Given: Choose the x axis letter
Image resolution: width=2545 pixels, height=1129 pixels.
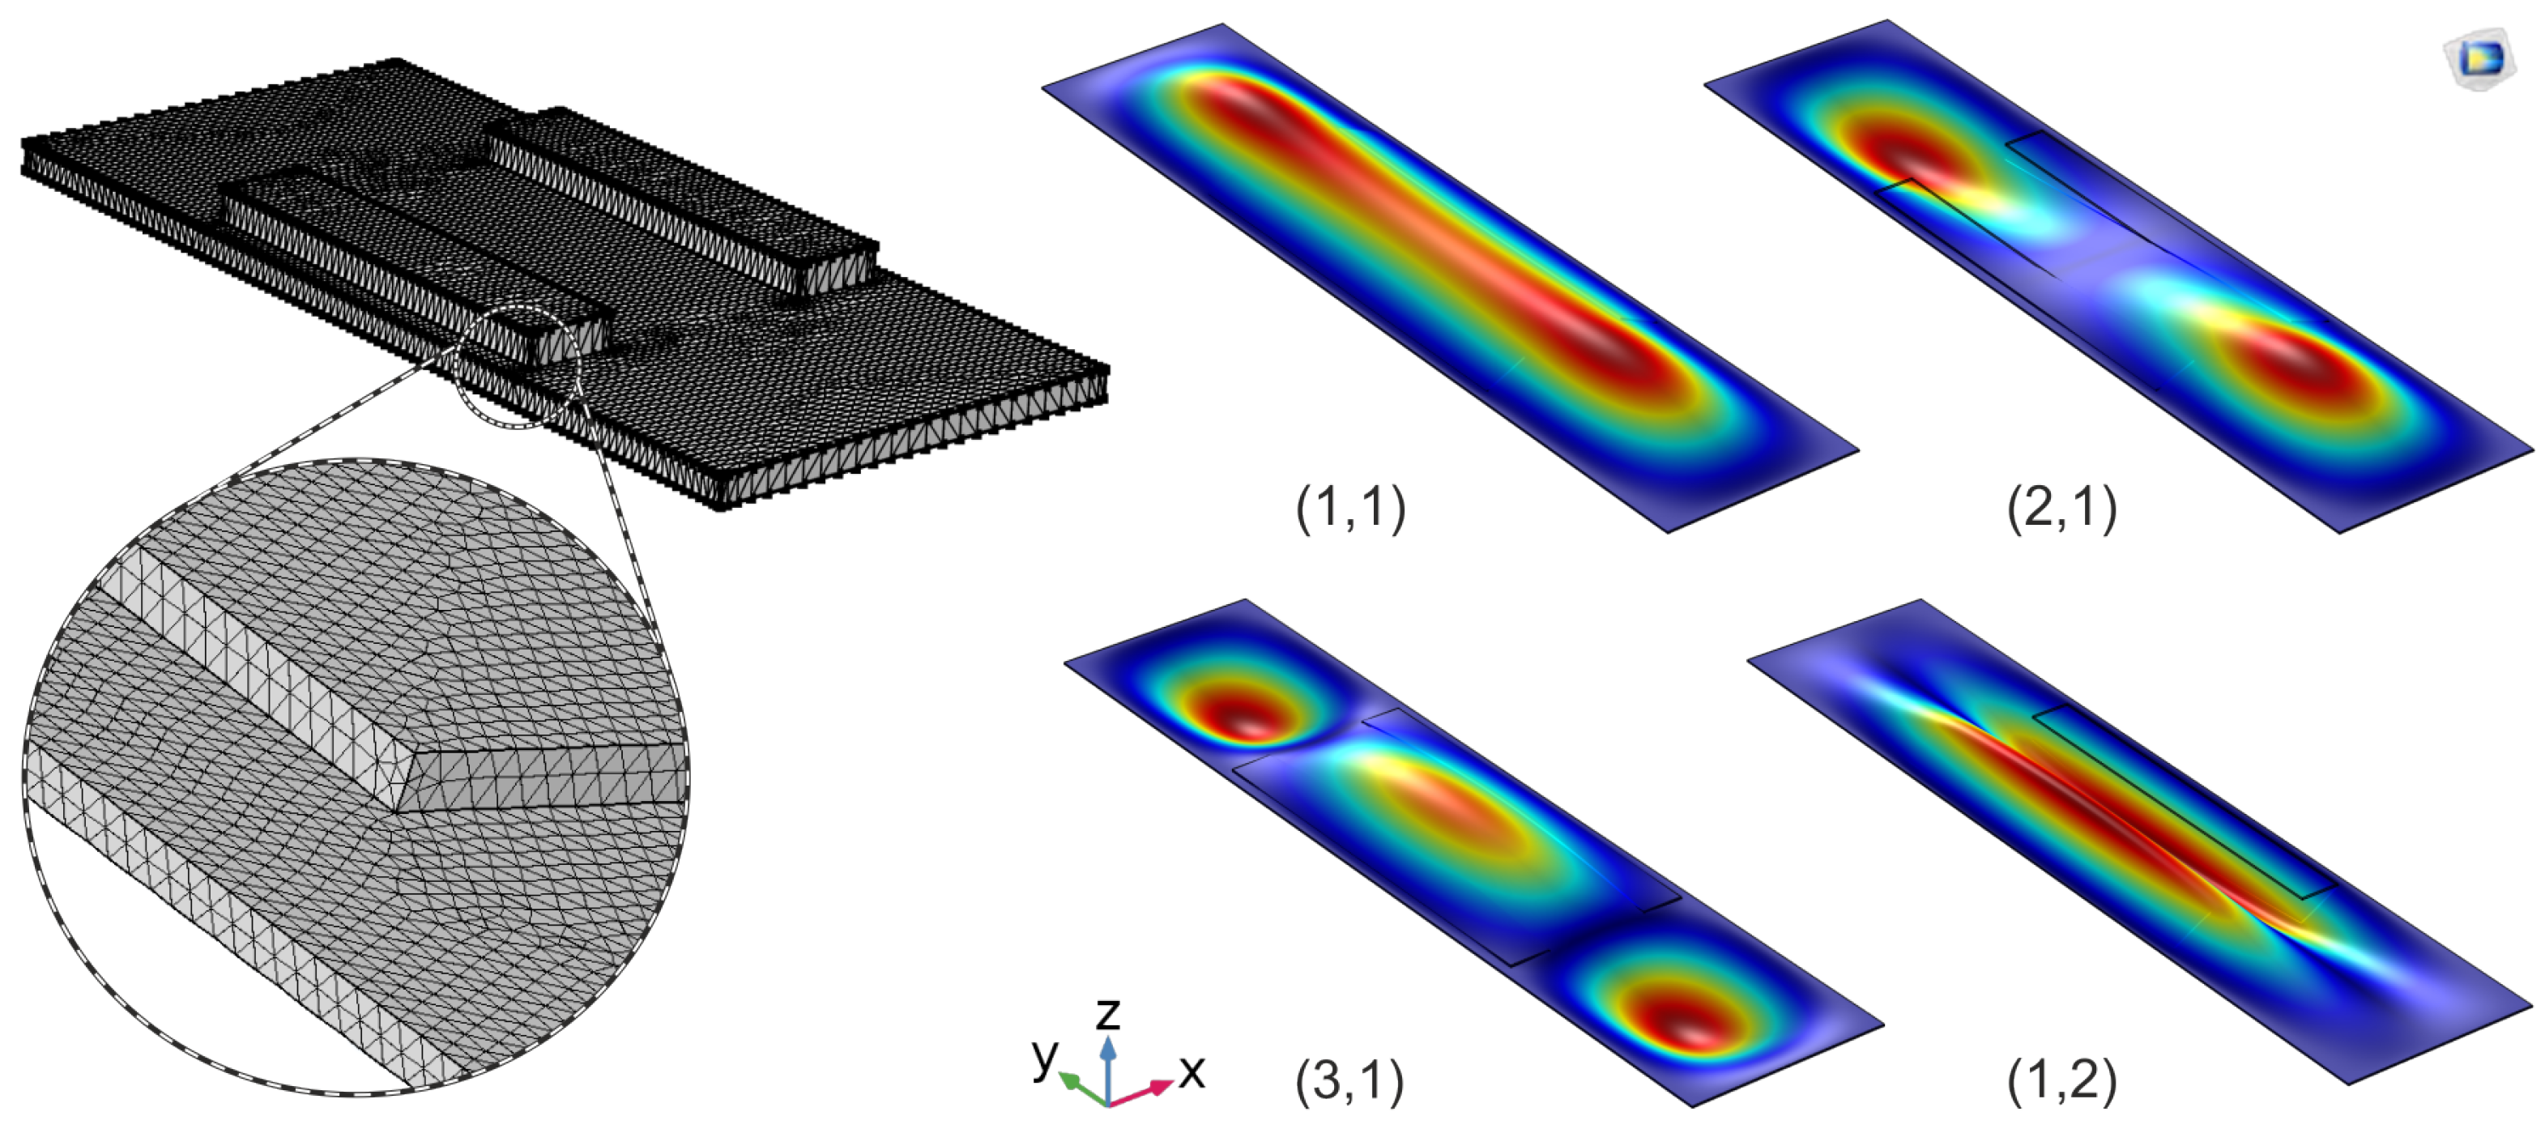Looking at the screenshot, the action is click(1192, 1071).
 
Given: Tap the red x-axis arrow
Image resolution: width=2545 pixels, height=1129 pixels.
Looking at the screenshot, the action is click(1141, 1092).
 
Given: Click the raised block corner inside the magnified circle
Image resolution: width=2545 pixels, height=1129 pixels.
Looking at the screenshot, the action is click(397, 811).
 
